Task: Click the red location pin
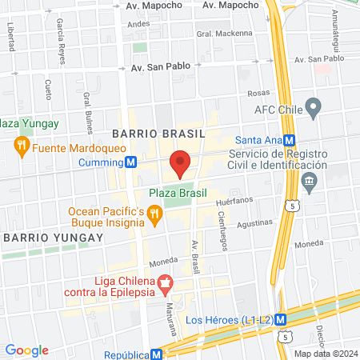[180, 163]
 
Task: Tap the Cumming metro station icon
[130, 162]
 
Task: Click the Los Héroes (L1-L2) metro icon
[282, 320]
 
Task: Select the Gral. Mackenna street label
[214, 34]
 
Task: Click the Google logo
[26, 350]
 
